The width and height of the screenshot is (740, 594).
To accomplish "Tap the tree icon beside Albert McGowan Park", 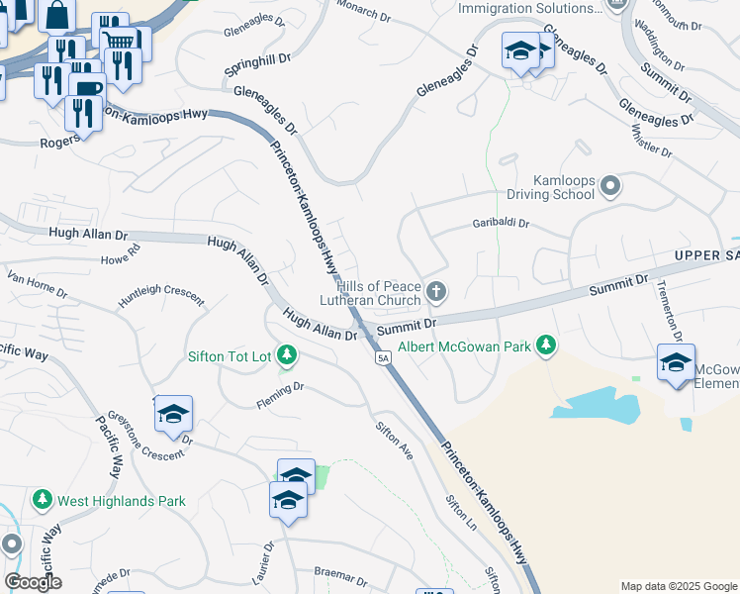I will point(545,346).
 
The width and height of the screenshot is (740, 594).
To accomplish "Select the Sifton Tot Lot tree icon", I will point(286,354).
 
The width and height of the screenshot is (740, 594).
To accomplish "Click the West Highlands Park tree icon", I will point(43,501).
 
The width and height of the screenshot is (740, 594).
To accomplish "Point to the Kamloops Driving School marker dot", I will point(610,186).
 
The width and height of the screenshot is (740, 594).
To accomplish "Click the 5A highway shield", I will point(383,357).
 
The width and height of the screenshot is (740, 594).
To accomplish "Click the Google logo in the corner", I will point(33,582).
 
